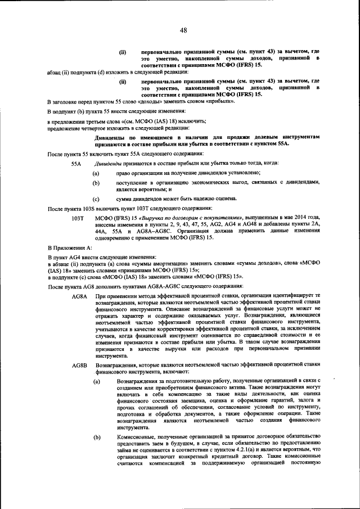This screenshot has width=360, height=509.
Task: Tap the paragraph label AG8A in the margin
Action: [x=79, y=295]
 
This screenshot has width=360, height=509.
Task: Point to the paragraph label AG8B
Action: [x=79, y=366]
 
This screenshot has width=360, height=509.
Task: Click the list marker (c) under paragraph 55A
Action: [x=96, y=199]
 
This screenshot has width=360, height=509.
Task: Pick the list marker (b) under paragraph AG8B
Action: [x=97, y=436]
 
